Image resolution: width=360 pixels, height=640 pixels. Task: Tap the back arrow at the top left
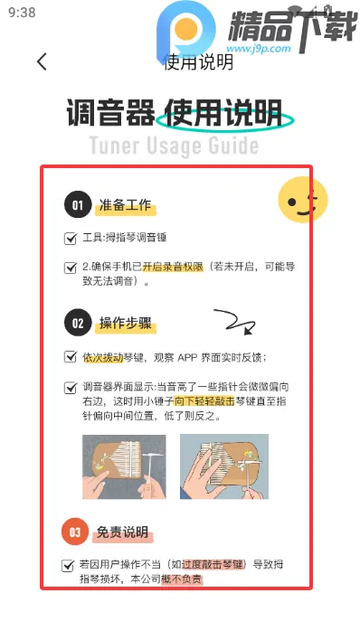tap(42, 61)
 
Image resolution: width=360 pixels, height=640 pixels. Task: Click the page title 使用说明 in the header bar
tap(198, 62)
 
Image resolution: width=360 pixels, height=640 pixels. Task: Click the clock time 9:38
tap(22, 13)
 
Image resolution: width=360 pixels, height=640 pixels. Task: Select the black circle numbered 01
tap(78, 206)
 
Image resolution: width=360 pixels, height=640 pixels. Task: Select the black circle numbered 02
tap(78, 322)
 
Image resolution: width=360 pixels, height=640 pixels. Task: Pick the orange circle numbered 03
tap(76, 532)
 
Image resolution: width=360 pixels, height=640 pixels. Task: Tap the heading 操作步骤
tap(128, 323)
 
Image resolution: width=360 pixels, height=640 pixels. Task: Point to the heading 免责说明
tap(122, 532)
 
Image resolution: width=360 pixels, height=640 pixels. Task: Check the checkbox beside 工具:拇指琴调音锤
tap(71, 240)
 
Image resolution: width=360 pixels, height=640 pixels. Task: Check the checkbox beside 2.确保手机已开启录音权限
tap(71, 268)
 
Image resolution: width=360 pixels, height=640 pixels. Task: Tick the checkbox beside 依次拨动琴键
tap(71, 357)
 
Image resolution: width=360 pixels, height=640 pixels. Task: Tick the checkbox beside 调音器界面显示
tap(71, 388)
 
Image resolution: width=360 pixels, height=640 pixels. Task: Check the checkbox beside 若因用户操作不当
tap(68, 565)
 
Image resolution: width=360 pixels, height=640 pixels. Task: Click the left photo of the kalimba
tap(124, 466)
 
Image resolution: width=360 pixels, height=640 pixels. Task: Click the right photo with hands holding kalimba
tap(223, 466)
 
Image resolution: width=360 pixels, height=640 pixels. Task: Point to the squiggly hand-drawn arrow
tap(232, 321)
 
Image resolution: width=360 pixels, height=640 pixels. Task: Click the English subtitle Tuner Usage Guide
tap(174, 146)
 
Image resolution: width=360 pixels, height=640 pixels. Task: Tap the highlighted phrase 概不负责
tap(182, 579)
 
